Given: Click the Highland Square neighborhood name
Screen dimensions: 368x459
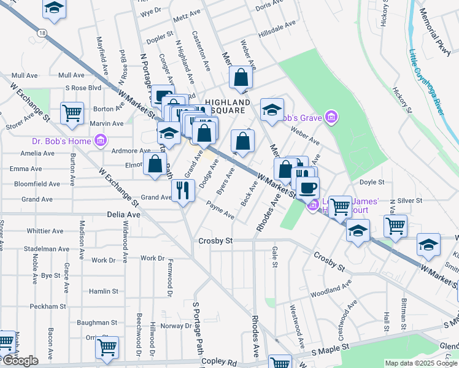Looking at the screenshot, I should (x=227, y=106).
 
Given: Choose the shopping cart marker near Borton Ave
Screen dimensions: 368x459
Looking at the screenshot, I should (x=72, y=113).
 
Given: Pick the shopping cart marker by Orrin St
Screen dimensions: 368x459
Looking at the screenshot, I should (x=107, y=347).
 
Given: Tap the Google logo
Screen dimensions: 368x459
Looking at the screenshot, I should (x=20, y=361).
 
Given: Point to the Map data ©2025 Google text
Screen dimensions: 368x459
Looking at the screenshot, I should (x=421, y=363).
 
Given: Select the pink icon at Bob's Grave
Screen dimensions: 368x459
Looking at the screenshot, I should (x=331, y=117).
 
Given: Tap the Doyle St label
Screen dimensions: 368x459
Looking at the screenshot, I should (x=371, y=182).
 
